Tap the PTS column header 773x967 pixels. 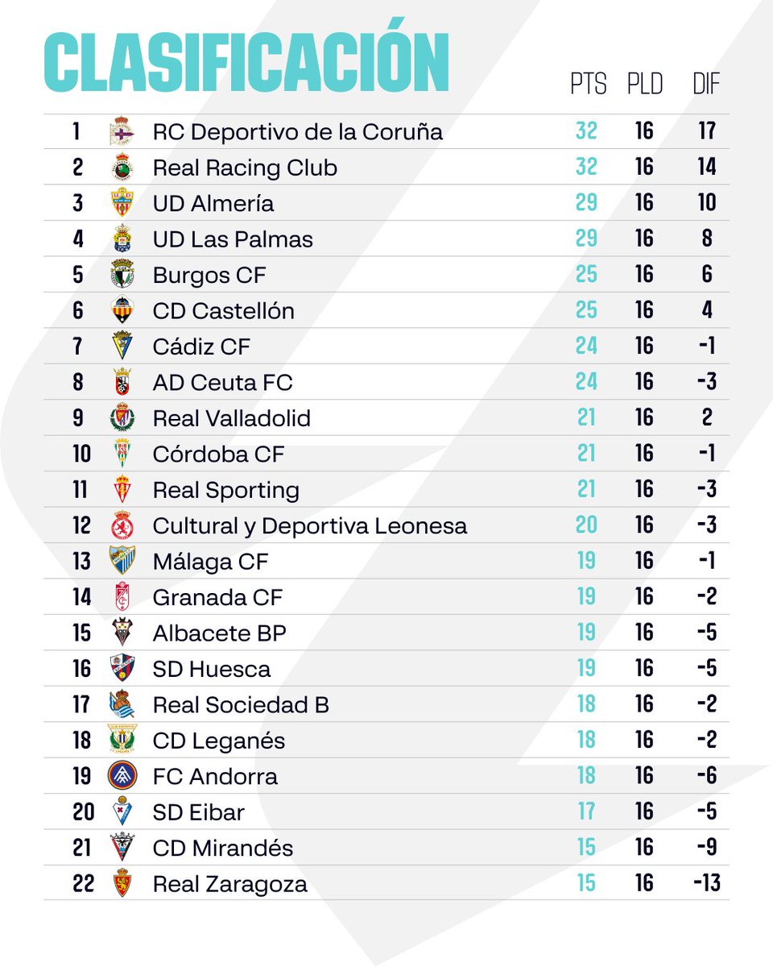588,84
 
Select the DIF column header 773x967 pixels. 706,84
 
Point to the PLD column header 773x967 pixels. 644,84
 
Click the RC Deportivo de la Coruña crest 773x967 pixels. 122,131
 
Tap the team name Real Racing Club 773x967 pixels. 245,168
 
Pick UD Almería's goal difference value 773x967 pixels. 706,203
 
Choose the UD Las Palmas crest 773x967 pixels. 122,239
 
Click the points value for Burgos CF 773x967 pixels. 586,275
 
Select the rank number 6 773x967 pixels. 78,310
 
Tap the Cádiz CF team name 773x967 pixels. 201,347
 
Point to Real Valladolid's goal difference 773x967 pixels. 706,417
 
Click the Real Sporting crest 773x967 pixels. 122,489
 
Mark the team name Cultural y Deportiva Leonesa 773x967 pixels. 309,525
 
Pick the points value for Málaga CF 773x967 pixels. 586,561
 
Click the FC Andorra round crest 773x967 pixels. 122,776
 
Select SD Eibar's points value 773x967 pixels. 586,811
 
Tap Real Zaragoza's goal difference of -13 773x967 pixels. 706,883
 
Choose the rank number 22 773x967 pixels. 83,883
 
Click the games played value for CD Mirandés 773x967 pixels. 644,848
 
